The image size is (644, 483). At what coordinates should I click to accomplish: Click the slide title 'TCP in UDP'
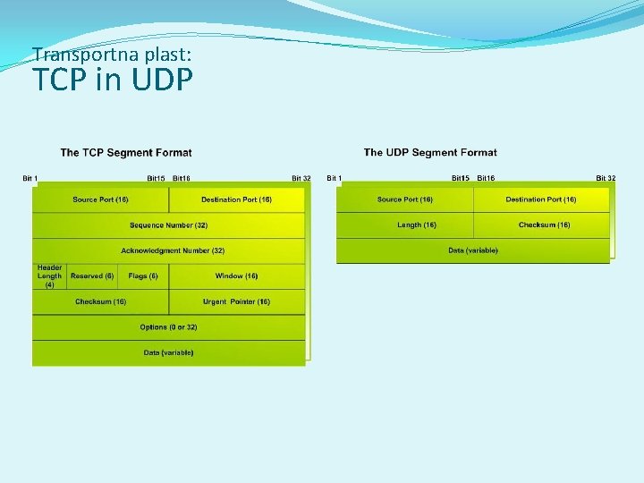point(113,80)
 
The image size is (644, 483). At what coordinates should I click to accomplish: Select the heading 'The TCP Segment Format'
point(126,153)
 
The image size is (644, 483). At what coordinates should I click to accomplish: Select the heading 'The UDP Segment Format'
point(430,153)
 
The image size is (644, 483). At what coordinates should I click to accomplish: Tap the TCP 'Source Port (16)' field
point(100,199)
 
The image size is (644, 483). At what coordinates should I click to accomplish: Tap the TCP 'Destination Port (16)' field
point(236,199)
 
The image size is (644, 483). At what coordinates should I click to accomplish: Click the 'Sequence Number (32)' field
point(168,225)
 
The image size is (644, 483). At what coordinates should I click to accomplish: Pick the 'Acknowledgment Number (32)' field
point(173,250)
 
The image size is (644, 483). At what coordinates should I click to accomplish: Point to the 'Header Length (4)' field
point(49,276)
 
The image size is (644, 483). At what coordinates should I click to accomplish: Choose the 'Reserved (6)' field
point(92,276)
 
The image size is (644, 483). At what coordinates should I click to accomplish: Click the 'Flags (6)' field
point(143,276)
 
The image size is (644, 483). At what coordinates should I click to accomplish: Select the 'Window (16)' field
point(236,276)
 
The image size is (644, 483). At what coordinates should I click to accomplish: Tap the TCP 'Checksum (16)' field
point(100,301)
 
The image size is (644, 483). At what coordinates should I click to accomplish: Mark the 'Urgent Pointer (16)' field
point(236,301)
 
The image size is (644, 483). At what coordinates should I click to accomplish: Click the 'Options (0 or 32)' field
point(168,327)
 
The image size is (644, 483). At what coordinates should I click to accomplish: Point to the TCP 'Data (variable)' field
point(168,352)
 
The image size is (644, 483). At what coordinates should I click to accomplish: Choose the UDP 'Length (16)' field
point(417,225)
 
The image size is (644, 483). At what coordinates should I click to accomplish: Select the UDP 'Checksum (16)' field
point(544,225)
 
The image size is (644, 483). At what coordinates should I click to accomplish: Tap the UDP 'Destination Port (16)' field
point(541,199)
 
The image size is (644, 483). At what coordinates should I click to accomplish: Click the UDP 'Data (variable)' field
point(473,250)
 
